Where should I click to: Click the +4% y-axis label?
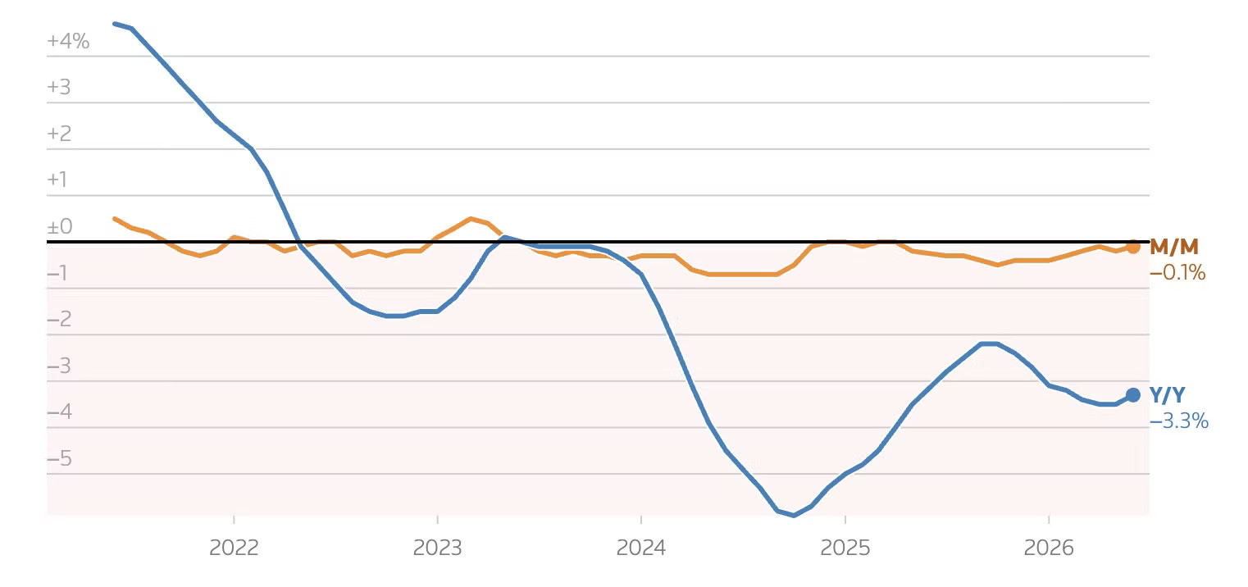pos(68,41)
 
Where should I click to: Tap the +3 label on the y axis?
pos(59,88)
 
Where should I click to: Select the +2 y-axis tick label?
pos(59,134)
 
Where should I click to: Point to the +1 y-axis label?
pos(57,180)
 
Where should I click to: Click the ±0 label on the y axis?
pos(60,226)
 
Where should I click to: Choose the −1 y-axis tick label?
pos(57,273)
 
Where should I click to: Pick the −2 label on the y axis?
pos(59,319)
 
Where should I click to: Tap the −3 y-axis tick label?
pos(59,366)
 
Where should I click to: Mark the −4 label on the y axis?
pos(60,412)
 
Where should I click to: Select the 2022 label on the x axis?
pos(234,548)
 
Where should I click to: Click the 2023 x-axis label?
pos(437,548)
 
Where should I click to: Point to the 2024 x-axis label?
pos(640,548)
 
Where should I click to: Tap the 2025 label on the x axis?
pos(845,548)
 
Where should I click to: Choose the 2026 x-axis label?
pos(1049,548)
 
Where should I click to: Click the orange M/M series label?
pos(1174,247)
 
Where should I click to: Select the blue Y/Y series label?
pos(1167,395)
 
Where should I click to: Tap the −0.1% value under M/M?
pos(1177,273)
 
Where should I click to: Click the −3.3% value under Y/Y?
pos(1179,421)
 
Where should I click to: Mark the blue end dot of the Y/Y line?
pos(1132,395)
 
